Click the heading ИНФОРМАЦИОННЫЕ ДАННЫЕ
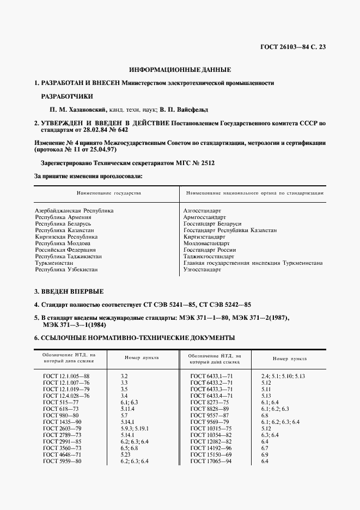pyautogui.click(x=180, y=70)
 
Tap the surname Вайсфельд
pyautogui.click(x=199, y=109)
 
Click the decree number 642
pyautogui.click(x=121, y=131)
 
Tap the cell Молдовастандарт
pyautogui.click(x=207, y=243)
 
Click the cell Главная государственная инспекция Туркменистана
pyautogui.click(x=253, y=263)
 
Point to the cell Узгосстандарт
pyautogui.click(x=203, y=270)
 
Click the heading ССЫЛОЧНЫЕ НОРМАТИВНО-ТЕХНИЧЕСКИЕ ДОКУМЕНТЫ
pyautogui.click(x=134, y=338)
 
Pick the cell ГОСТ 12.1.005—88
pyautogui.click(x=66, y=377)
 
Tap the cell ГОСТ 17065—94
pyautogui.click(x=211, y=462)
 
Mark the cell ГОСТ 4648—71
pyautogui.click(x=62, y=454)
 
